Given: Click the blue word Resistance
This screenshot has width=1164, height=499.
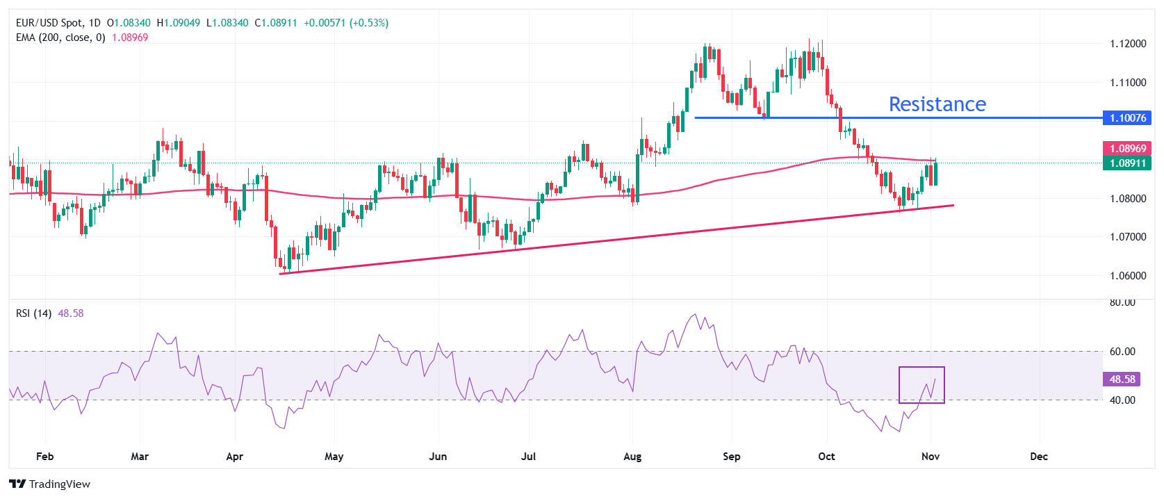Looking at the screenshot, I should (937, 104).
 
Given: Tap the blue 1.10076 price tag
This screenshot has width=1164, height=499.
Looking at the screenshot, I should (1127, 118).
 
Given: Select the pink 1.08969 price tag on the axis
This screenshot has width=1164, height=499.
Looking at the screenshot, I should (1127, 148).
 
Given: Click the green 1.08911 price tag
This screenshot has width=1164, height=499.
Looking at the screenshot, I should (1127, 163).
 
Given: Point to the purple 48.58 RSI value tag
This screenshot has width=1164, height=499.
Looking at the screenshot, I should (1122, 379).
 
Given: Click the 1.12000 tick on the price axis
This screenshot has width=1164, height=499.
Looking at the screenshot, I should (1127, 44).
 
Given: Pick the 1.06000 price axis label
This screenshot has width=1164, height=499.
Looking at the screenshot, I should (1127, 276).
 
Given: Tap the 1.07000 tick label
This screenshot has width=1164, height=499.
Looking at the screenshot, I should (1127, 237).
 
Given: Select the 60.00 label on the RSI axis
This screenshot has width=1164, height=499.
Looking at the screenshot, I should (1122, 352).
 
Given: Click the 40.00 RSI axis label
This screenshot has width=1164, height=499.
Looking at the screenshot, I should (1122, 400).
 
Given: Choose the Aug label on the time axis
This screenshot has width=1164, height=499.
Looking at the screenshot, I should (632, 457).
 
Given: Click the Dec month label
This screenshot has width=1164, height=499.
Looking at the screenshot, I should (1038, 457).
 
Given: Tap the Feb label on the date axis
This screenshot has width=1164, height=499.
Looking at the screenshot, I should (44, 457).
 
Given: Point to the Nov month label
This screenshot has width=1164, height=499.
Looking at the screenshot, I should (930, 457).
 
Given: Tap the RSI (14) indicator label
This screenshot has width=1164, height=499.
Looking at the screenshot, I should (33, 313).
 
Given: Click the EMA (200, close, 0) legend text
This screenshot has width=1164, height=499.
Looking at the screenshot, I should (60, 38).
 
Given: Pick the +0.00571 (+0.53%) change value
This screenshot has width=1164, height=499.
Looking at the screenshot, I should (346, 23).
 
